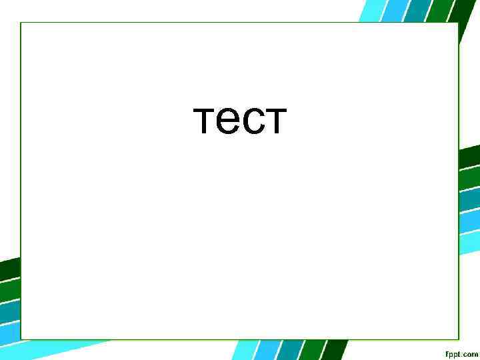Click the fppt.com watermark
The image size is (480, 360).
pos(461,353)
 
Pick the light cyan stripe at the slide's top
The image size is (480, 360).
pos(369,10)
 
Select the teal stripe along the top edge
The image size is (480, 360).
pos(417,10)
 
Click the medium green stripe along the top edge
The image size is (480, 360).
pos(437,10)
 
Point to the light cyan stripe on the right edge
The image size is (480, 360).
pos(470,223)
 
